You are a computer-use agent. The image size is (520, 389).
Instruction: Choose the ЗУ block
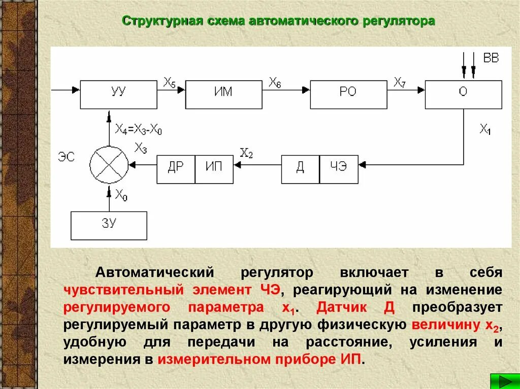109,225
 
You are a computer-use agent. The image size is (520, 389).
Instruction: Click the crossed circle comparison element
109,165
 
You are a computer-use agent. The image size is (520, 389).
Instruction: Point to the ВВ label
491,58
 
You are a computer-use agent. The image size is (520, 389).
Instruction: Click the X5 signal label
170,82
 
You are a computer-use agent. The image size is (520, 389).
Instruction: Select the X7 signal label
400,82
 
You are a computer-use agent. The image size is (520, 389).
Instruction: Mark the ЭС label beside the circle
66,157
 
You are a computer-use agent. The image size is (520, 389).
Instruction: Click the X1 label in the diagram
485,129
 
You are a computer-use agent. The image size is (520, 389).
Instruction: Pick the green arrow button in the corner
504,380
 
